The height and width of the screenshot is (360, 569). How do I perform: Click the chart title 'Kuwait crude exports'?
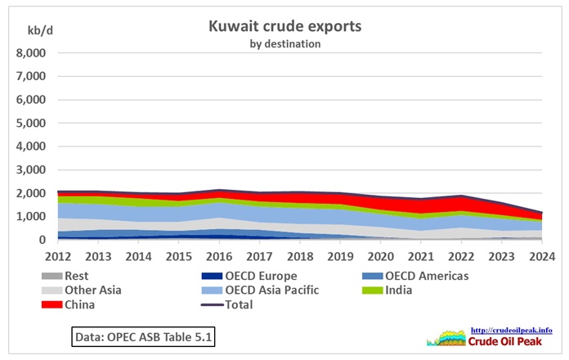pos(285,27)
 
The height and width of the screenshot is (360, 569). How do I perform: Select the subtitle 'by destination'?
pos(285,43)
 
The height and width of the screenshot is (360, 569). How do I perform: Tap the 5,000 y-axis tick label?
pos(32,124)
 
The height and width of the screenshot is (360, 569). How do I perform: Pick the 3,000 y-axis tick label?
pos(32,170)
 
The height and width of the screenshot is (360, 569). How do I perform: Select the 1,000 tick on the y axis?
pos(32,217)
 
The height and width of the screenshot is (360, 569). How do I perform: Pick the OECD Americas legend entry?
pos(415,276)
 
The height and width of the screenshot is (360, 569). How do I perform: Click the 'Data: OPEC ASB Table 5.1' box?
pos(143,336)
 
